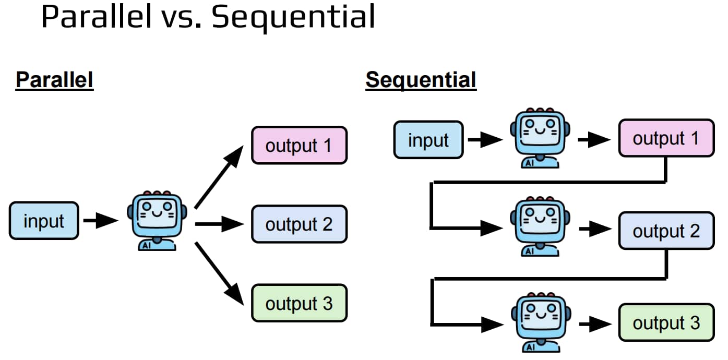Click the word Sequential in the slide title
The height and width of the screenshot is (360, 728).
[x=293, y=18]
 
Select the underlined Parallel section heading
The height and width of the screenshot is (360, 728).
[x=55, y=80]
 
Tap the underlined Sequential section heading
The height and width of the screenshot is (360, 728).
[x=421, y=80]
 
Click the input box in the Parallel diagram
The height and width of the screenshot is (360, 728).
[x=44, y=221]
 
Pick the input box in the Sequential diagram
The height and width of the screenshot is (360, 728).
[x=428, y=140]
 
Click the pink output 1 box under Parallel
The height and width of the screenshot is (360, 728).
[x=300, y=145]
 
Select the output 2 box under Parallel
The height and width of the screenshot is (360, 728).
[x=300, y=224]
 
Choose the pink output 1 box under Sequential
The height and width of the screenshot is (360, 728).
[x=666, y=138]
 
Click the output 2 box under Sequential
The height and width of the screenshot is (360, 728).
[x=666, y=231]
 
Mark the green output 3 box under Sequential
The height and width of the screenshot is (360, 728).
[x=666, y=322]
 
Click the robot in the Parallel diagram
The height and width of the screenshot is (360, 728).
[x=157, y=221]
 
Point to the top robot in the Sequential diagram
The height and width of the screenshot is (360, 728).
[x=540, y=138]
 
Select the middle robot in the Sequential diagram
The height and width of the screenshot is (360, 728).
[x=540, y=226]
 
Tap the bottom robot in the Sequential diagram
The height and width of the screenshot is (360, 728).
[x=541, y=322]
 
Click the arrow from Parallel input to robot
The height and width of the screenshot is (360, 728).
[x=101, y=221]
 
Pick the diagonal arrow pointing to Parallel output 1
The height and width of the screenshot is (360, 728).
[x=219, y=177]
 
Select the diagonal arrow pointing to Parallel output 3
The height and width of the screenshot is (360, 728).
[x=219, y=273]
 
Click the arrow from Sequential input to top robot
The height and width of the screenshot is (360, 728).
[x=485, y=140]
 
